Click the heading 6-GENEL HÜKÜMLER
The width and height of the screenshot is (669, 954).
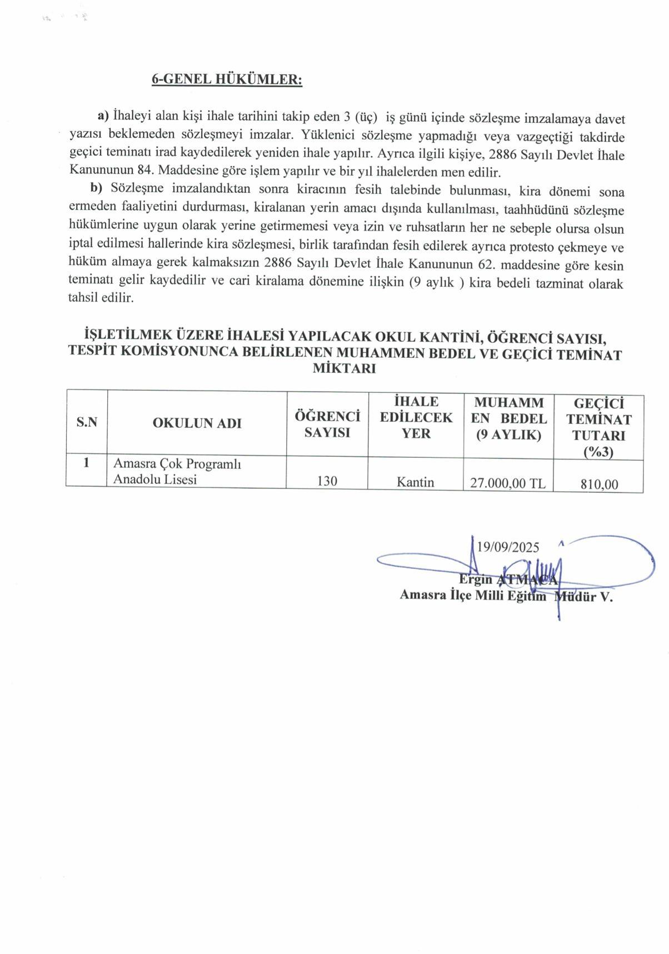click(x=227, y=79)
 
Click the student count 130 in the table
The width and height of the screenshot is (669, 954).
click(x=327, y=481)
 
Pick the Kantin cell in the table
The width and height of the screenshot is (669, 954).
click(x=415, y=482)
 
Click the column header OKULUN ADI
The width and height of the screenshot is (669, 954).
click(x=197, y=423)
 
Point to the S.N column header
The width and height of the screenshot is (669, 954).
click(x=87, y=422)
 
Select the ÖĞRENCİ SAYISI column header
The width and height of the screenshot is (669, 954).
click(x=327, y=424)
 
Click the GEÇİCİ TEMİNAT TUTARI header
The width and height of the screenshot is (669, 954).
click(x=598, y=427)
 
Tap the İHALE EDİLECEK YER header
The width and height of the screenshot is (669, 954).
click(x=416, y=417)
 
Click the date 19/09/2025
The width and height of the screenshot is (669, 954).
click(x=508, y=547)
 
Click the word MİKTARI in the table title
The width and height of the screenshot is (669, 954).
click(x=345, y=368)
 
